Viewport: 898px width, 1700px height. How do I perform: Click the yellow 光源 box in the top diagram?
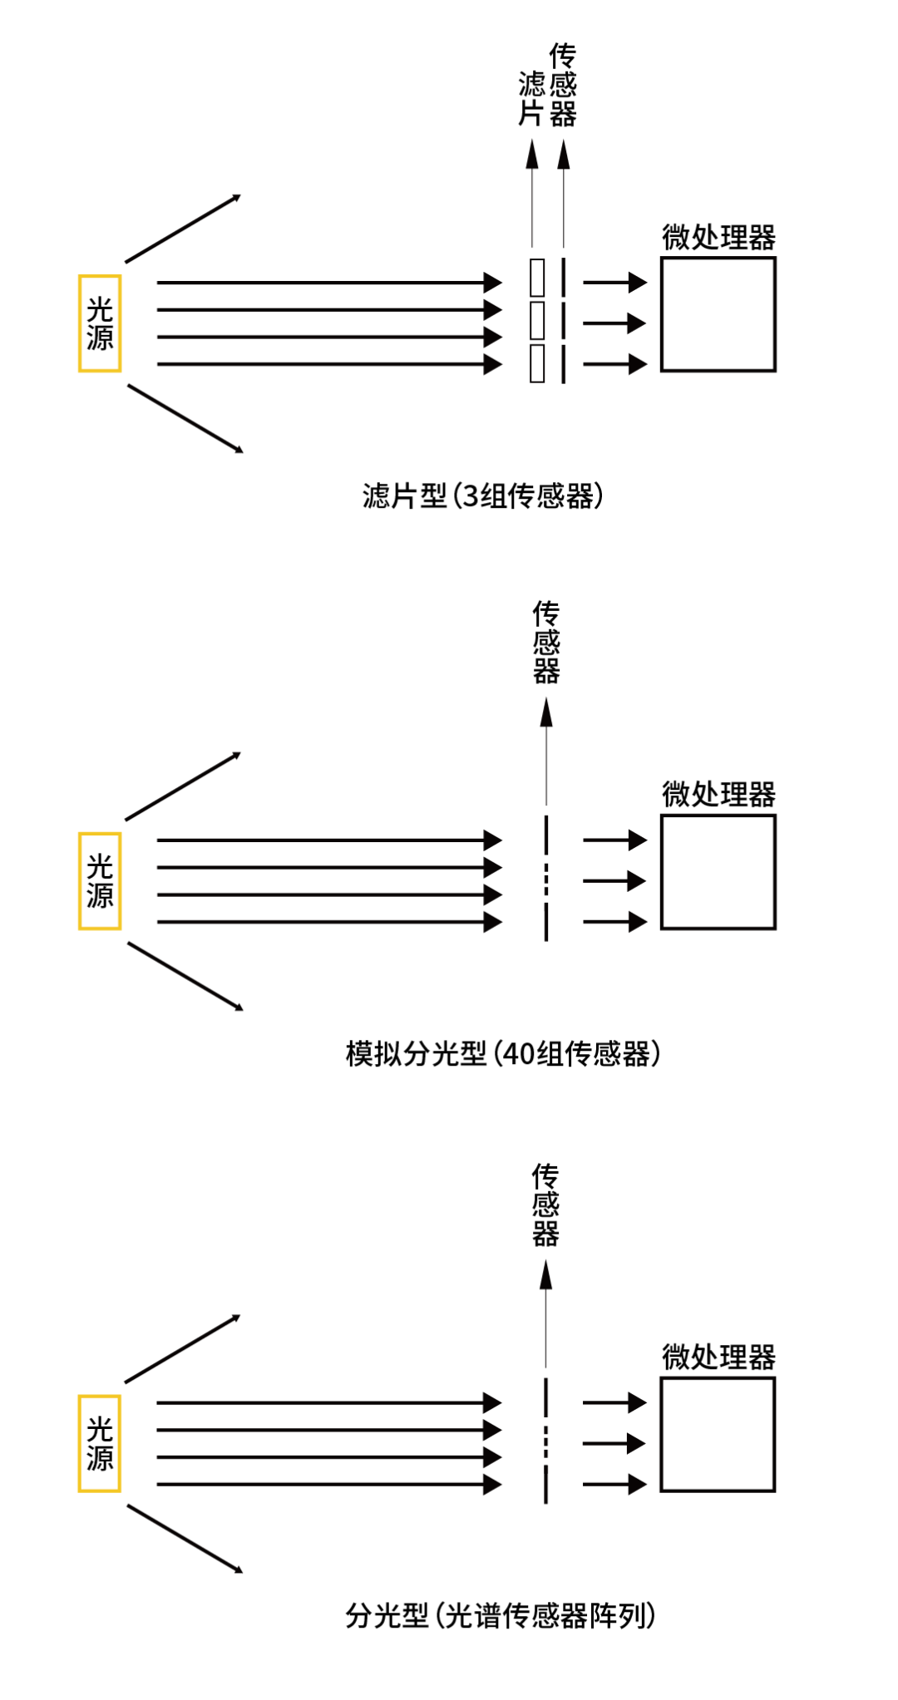tap(100, 323)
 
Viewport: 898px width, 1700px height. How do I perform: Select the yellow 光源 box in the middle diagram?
tap(100, 881)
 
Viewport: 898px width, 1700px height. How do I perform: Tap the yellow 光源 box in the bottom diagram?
tap(100, 1444)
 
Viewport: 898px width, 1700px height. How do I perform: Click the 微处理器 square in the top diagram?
tap(718, 314)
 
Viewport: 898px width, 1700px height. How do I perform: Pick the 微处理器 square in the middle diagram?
tap(718, 872)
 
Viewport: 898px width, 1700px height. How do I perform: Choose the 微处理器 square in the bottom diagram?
tap(718, 1435)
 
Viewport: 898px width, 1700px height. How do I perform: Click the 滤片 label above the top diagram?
tap(531, 98)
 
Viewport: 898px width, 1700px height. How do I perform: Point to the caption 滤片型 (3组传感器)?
tap(482, 496)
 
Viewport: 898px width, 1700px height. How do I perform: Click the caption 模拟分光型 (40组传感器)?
tap(503, 1054)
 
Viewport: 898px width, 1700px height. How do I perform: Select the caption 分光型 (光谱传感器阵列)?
tap(501, 1616)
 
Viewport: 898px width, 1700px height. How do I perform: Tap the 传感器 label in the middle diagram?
tap(546, 642)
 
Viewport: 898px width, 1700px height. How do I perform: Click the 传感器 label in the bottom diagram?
tap(545, 1205)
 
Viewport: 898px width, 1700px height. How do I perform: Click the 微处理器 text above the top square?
tap(718, 238)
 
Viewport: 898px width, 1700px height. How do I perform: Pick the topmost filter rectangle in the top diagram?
tap(537, 278)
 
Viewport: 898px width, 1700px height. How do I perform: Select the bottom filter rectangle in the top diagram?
tap(537, 363)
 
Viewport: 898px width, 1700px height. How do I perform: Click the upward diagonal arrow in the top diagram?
tap(183, 229)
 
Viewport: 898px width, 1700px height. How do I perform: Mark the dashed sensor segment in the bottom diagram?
tap(545, 1443)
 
